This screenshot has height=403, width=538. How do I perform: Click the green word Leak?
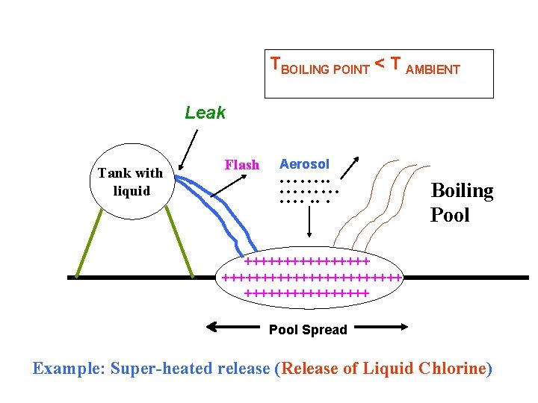205,113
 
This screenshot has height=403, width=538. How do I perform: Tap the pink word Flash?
242,165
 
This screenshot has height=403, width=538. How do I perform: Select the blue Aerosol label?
304,164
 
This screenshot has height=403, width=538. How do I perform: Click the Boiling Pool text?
462,203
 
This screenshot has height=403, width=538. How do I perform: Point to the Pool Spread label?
308,330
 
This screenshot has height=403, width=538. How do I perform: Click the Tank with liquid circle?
130,181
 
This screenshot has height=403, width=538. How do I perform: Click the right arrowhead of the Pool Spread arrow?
403,327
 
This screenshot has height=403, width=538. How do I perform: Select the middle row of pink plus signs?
312,278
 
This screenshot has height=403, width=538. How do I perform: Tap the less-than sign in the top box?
379,66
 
